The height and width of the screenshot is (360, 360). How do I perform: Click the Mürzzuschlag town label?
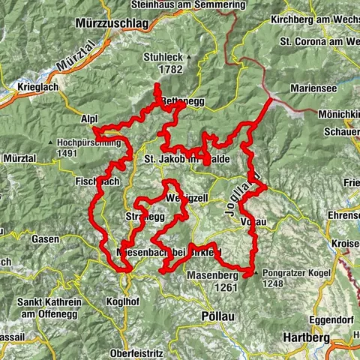(112, 24)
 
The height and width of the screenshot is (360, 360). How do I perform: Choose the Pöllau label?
(218, 316)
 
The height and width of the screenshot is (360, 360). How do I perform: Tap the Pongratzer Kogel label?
(295, 274)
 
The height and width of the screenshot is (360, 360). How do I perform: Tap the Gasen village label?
(45, 239)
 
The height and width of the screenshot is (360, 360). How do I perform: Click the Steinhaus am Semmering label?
(197, 4)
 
